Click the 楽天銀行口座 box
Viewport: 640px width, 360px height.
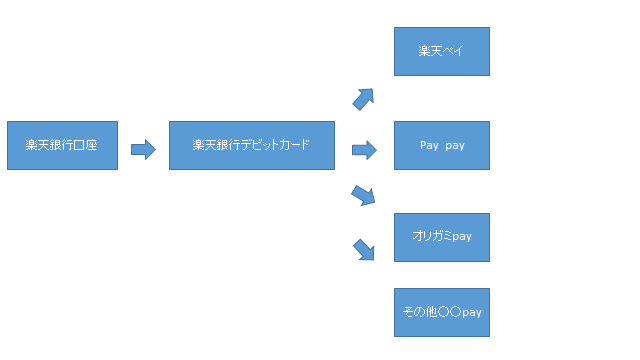pyautogui.click(x=62, y=146)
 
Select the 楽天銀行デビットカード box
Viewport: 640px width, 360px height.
pyautogui.click(x=251, y=146)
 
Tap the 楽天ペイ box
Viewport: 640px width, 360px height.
pyautogui.click(x=442, y=51)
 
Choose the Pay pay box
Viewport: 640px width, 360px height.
pyautogui.click(x=442, y=146)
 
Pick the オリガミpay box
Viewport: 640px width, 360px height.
pyautogui.click(x=442, y=237)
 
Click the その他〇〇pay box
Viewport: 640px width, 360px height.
pyautogui.click(x=442, y=313)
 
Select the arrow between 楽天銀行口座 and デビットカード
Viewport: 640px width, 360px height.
pyautogui.click(x=143, y=149)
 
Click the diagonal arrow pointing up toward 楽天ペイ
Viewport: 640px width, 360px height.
pyautogui.click(x=363, y=97)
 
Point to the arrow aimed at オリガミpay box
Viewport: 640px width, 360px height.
pyautogui.click(x=363, y=195)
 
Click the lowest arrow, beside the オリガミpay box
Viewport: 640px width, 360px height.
pyautogui.click(x=364, y=249)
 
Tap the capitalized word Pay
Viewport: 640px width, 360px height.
pyautogui.click(x=429, y=146)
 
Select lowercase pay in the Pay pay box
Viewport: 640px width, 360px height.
pyautogui.click(x=455, y=146)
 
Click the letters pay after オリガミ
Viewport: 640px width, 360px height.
pyautogui.click(x=461, y=238)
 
